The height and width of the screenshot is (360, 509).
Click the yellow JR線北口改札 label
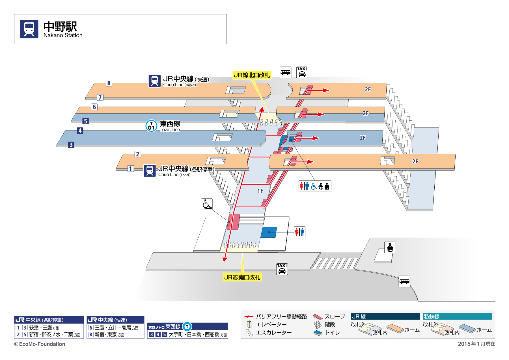[252, 75]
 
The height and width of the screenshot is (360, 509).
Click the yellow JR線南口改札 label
[242, 277]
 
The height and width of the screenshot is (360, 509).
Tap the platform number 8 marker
[109, 83]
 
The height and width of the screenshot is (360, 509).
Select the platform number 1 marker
[130, 169]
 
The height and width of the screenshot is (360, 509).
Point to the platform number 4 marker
[80, 131]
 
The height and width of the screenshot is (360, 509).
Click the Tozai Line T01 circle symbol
[151, 126]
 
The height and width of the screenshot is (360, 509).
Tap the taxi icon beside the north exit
[302, 72]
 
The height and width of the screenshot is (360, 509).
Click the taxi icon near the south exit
[282, 269]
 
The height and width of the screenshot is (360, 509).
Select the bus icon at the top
[285, 72]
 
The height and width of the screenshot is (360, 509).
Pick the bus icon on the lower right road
[404, 281]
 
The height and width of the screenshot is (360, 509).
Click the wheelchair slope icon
[207, 204]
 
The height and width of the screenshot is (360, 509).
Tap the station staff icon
[390, 248]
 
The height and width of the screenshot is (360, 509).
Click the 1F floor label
[260, 191]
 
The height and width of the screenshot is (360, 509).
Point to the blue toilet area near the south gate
[269, 232]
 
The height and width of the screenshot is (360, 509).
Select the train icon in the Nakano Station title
[29, 29]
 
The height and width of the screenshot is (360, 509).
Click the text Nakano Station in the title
[63, 35]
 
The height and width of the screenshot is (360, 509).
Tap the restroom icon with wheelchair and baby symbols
[315, 186]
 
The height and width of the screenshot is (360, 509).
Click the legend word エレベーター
[271, 324]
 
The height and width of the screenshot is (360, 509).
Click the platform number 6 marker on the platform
[94, 107]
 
